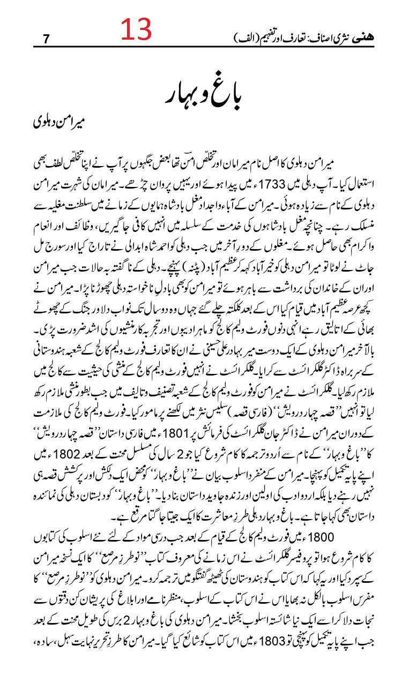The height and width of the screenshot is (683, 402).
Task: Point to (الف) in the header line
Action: pyautogui.click(x=241, y=38)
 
